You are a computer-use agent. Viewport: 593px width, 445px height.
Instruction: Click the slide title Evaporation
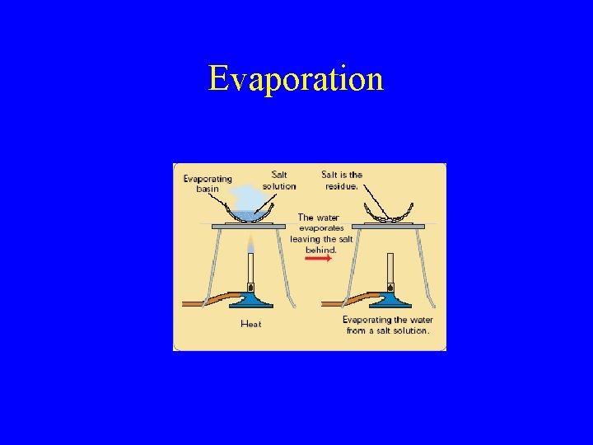pyautogui.click(x=296, y=79)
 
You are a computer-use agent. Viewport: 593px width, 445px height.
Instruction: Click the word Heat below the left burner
pyautogui.click(x=250, y=324)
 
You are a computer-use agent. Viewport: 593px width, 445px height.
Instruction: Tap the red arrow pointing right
pyautogui.click(x=318, y=258)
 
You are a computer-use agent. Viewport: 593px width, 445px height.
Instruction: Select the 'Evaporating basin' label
pyautogui.click(x=207, y=183)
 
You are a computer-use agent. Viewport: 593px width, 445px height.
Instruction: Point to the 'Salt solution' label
pyautogui.click(x=279, y=180)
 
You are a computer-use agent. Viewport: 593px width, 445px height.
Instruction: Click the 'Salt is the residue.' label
pyautogui.click(x=341, y=180)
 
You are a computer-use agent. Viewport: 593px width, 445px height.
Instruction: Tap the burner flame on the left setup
pyautogui.click(x=250, y=242)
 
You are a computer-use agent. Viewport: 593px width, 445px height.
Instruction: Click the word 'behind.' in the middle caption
pyautogui.click(x=321, y=249)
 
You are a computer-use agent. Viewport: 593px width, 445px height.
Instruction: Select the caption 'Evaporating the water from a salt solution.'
pyautogui.click(x=387, y=325)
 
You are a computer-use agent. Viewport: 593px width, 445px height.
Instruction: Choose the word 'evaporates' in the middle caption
pyautogui.click(x=321, y=228)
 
